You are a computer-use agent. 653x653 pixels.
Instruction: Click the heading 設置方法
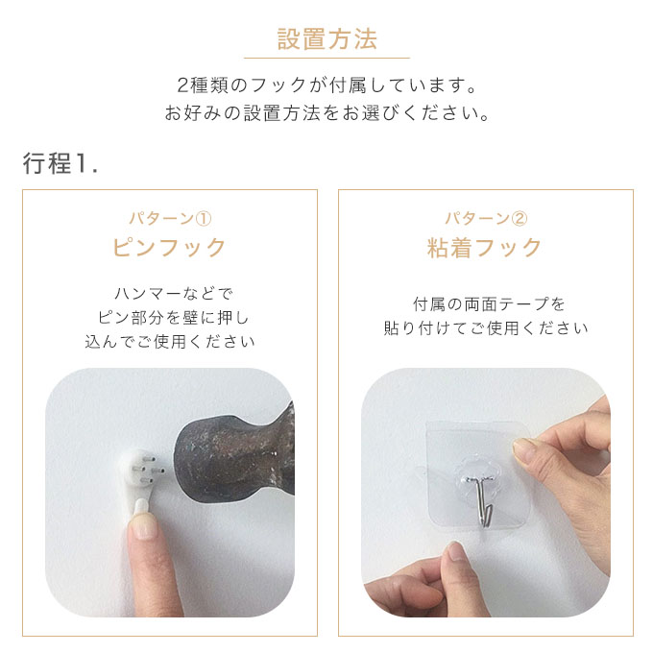coord(326,39)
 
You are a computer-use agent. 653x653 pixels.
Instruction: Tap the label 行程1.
coord(60,163)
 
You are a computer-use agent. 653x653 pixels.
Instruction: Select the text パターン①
coord(170,218)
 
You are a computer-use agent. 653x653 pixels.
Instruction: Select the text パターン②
coord(486,218)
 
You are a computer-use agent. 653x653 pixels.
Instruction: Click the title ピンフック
coord(169,247)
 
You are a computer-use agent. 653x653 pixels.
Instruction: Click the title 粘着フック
coord(484,247)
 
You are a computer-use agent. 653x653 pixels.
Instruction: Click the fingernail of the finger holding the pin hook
coord(143,526)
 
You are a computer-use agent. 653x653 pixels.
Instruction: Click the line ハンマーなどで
coord(173,294)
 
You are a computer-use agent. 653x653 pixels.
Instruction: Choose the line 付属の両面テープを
coord(489,304)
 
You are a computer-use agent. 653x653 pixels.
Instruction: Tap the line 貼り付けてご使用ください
coord(486,328)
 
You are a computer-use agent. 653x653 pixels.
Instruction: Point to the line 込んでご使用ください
coord(170,342)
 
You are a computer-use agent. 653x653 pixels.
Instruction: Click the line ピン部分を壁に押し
coord(173,318)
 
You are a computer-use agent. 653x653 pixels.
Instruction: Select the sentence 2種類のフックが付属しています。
coord(327,85)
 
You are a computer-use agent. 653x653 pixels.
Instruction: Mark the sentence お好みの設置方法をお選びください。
coord(327,113)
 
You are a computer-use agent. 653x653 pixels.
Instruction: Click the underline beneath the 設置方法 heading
coord(326,59)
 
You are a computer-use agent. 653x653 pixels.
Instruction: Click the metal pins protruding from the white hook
coord(148,470)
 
